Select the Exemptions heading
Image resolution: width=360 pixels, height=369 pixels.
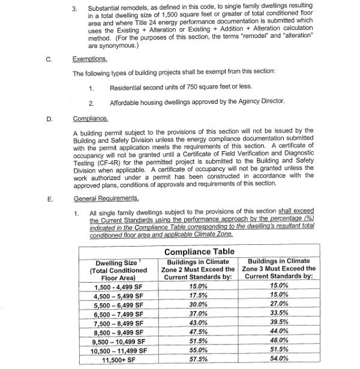(x=90, y=59)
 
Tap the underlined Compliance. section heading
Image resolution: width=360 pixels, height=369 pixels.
(x=90, y=119)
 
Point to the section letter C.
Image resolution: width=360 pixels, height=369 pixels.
(x=48, y=59)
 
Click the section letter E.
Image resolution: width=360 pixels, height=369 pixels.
(x=48, y=198)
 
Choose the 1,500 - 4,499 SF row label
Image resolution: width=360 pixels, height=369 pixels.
(x=119, y=287)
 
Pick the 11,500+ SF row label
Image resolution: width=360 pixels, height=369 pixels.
(x=119, y=359)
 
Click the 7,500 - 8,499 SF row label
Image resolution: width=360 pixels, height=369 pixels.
(x=119, y=323)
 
